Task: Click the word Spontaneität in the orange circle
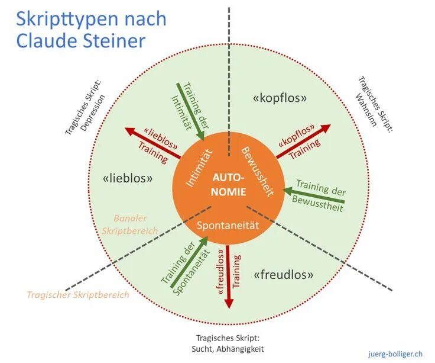tap(228, 225)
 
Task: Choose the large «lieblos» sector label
tap(128, 177)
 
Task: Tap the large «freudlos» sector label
tap(283, 275)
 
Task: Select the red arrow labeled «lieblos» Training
tap(152, 143)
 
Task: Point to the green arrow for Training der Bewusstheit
tap(313, 197)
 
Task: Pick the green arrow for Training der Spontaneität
tap(189, 263)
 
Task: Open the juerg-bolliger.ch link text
tap(394, 353)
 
